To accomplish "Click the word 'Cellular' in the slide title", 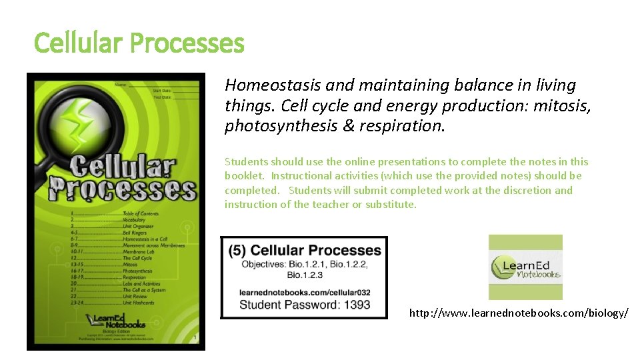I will pyautogui.click(x=78, y=44).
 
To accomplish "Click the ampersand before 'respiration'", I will pyautogui.click(x=353, y=127).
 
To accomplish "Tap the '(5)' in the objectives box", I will pyautogui.click(x=237, y=251).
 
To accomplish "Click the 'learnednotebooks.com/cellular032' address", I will pyautogui.click(x=304, y=293).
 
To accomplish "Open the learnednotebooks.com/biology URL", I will pyautogui.click(x=518, y=312).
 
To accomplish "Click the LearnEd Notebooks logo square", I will pyautogui.click(x=525, y=267).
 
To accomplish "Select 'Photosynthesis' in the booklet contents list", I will pyautogui.click(x=137, y=271).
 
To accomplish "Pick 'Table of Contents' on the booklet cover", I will pyautogui.click(x=140, y=213).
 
